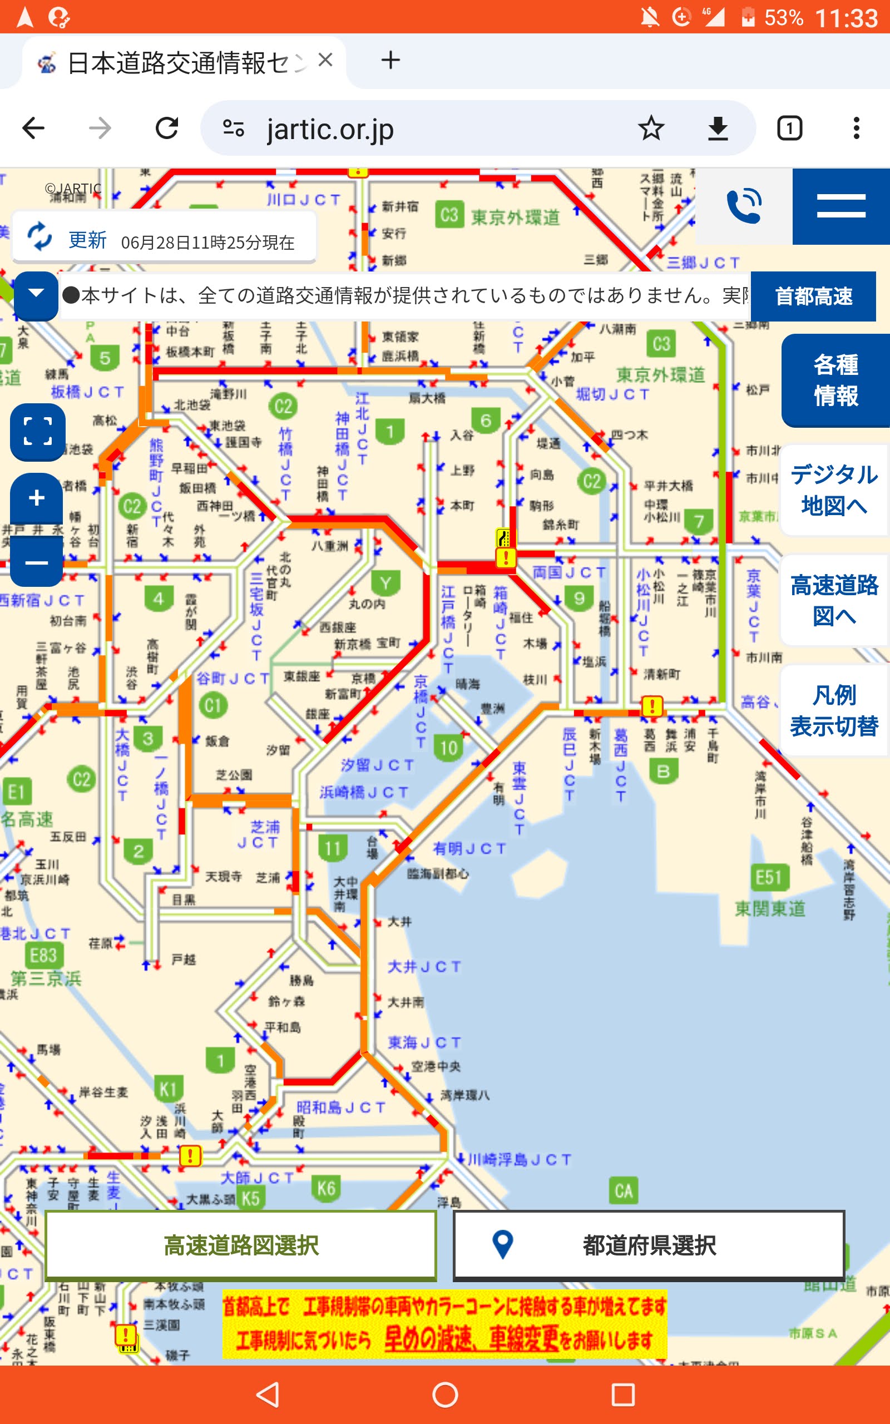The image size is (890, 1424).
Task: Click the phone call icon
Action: tap(744, 206)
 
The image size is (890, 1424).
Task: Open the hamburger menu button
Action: tap(840, 206)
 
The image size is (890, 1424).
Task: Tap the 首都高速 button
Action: tap(813, 296)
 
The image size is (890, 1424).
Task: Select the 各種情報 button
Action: tap(835, 380)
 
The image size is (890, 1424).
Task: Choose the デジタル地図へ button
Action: tap(833, 489)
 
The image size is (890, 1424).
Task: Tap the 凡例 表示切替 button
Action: tap(833, 710)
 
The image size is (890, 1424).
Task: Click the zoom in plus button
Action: tap(37, 498)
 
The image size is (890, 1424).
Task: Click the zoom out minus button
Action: tap(37, 563)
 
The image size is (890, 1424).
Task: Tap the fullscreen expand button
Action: tap(37, 431)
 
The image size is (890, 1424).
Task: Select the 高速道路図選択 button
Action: tap(241, 1245)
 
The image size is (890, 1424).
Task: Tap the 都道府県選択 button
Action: tap(649, 1245)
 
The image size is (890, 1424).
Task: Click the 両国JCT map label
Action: tap(568, 572)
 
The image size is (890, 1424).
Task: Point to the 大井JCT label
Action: tap(424, 966)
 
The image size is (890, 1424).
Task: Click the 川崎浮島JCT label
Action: tap(519, 1159)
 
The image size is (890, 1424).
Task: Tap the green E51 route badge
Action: tap(769, 877)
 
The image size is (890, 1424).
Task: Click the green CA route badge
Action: tap(624, 1191)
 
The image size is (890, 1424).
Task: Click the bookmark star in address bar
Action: tap(651, 128)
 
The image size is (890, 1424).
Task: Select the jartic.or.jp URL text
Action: tap(330, 129)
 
